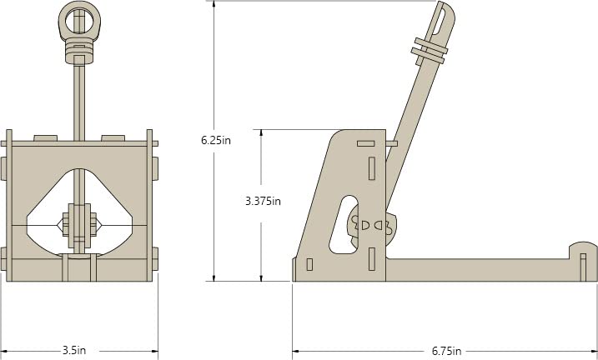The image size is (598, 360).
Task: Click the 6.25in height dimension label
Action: point(216,140)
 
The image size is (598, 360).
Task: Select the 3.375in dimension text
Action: point(263,201)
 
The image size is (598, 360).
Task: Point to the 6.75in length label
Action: point(446,351)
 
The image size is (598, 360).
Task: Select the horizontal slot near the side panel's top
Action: point(365,143)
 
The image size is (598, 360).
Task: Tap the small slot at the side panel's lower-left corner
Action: point(310,265)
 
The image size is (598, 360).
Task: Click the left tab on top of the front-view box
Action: point(45,137)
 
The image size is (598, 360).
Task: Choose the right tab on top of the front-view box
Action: point(113,137)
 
